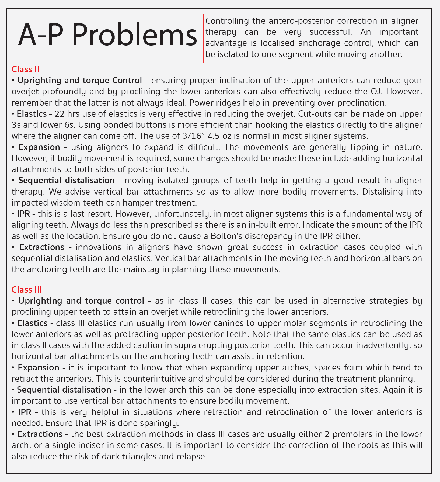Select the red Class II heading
point(26,69)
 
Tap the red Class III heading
point(27,289)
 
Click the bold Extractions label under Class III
point(40,434)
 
